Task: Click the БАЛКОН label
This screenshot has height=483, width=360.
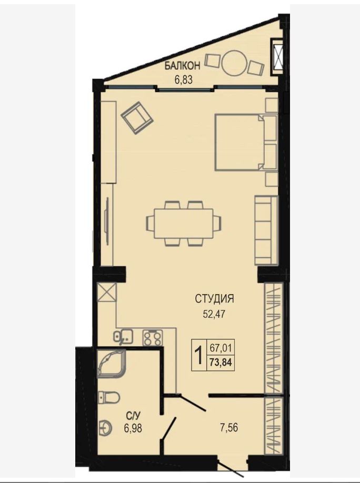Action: (182, 65)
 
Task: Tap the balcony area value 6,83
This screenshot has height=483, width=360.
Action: (183, 80)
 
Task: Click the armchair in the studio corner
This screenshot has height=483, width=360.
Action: (137, 118)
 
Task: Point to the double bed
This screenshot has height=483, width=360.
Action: (246, 142)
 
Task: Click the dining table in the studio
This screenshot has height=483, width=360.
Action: (184, 223)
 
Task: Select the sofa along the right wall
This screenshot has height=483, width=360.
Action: (266, 230)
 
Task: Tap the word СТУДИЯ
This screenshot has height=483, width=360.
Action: (215, 298)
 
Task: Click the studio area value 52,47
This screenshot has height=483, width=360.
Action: (214, 314)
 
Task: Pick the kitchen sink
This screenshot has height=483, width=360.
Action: (123, 336)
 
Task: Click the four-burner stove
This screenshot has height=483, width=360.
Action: (152, 338)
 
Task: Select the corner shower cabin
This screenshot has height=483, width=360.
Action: (111, 363)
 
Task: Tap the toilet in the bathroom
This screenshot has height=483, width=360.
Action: (108, 397)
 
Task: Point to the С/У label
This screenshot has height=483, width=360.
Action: (131, 417)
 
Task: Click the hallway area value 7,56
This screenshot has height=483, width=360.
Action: (229, 428)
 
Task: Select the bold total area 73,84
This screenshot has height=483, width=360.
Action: (221, 362)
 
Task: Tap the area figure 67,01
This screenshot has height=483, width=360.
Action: (221, 348)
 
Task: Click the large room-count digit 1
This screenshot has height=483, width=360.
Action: (199, 355)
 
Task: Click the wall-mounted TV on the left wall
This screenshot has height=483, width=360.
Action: (107, 222)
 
